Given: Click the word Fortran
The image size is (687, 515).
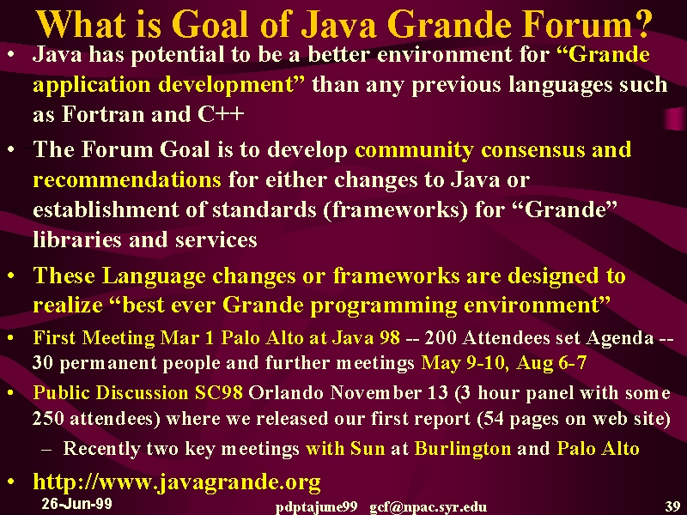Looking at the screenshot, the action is click(x=103, y=114).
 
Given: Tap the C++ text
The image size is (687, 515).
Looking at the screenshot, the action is click(x=221, y=114).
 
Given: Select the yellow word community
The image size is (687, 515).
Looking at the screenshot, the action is click(x=414, y=150).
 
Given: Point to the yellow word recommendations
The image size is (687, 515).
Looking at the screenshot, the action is click(x=127, y=180).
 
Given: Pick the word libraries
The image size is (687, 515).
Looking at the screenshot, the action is click(x=77, y=239).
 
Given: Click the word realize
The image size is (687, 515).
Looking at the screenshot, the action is click(x=68, y=305).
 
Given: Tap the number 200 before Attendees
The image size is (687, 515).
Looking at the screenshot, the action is click(x=441, y=337).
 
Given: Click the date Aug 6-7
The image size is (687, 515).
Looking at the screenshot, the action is click(x=551, y=363).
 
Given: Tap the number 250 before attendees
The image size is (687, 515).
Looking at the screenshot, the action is click(x=48, y=418).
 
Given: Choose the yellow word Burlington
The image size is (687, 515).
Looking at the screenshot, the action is click(x=463, y=448).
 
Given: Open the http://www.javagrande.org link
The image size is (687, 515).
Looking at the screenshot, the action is click(x=177, y=482).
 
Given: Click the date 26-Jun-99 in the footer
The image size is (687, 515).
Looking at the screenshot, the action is click(x=76, y=504).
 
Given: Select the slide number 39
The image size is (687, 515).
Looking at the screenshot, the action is click(x=672, y=506).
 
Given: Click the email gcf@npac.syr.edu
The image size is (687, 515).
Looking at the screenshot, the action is click(x=428, y=507).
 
